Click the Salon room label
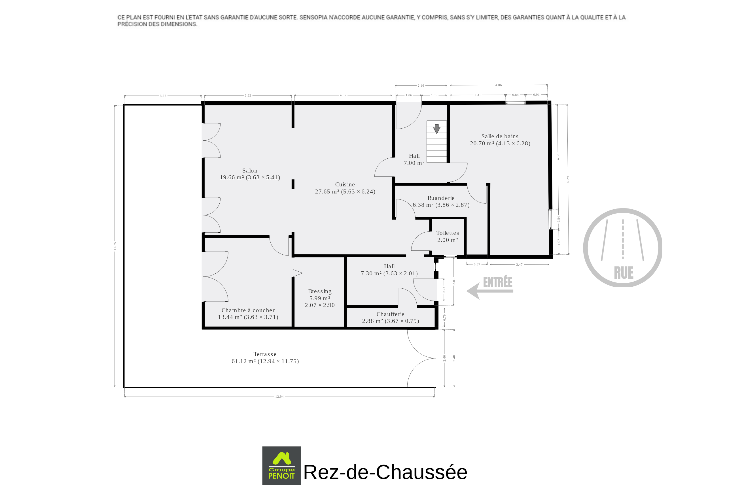[x=250, y=171]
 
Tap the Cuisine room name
[x=345, y=185]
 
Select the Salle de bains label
[x=500, y=136]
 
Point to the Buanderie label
[x=441, y=198]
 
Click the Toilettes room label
[x=448, y=233]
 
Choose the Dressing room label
[x=320, y=291]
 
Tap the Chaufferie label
[x=390, y=314]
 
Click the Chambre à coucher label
[x=248, y=310]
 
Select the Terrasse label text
[x=265, y=354]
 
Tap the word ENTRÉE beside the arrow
[x=497, y=282]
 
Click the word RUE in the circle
[x=624, y=273]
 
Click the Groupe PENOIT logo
[x=281, y=466]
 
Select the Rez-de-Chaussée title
[x=385, y=472]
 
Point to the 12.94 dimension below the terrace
[x=279, y=397]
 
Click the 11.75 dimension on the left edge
[x=115, y=246]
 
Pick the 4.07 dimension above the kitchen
[x=343, y=95]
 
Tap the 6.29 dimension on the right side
[x=568, y=179]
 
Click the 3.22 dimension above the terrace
[x=163, y=95]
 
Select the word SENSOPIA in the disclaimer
[x=313, y=17]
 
